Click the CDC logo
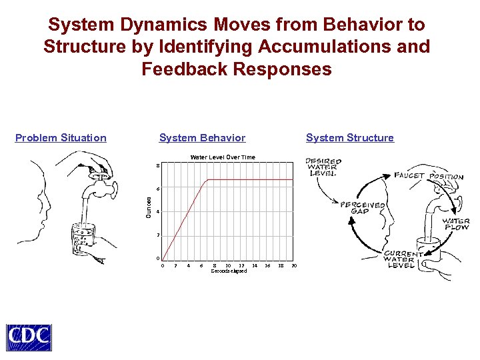point(29,337)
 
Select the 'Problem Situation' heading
point(61,138)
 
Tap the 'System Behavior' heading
point(202,138)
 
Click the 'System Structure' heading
point(349,138)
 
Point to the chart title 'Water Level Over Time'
point(223,157)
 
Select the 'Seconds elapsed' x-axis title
point(229,271)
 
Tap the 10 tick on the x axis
point(228,265)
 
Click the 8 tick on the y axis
point(158,165)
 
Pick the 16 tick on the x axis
point(267,265)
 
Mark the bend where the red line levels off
point(209,179)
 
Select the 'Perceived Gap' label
point(363,208)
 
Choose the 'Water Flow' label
point(457,224)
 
